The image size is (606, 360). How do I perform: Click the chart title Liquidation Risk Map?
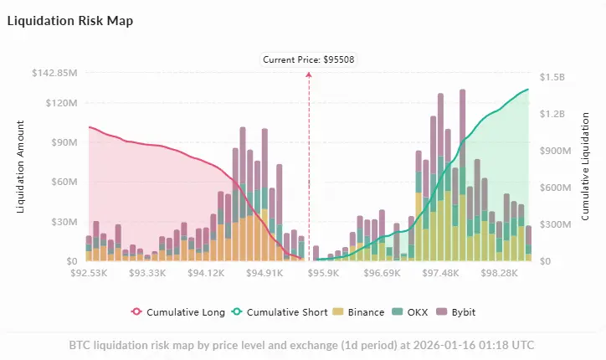tap(69, 19)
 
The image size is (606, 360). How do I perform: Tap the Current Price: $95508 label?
tap(309, 59)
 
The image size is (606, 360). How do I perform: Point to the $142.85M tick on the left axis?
tap(54, 73)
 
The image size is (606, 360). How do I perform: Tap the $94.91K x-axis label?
tap(265, 273)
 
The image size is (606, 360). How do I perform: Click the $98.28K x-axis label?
tap(501, 273)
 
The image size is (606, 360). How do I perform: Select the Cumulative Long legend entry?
tap(178, 312)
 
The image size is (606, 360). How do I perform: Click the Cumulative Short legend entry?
tap(280, 312)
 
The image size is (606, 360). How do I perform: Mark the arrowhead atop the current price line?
tap(309, 75)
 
